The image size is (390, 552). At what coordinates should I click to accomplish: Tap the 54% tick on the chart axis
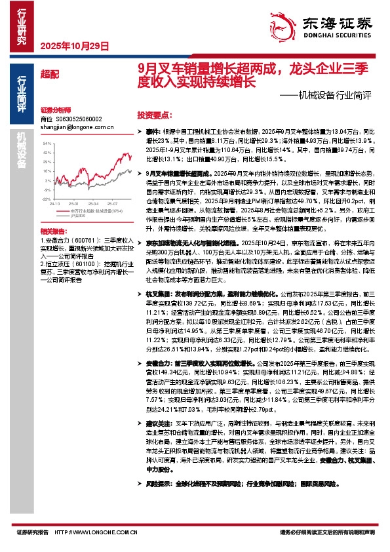tap(47, 142)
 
